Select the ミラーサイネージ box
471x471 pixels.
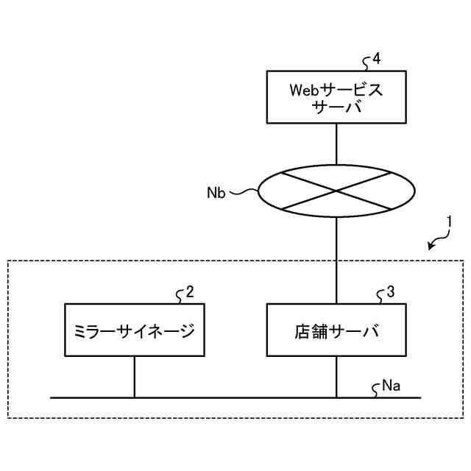click(134, 330)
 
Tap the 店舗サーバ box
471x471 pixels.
click(336, 330)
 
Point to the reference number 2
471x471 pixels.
click(190, 291)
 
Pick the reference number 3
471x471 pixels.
click(390, 291)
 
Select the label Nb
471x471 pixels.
click(216, 193)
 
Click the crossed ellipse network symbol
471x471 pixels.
click(336, 191)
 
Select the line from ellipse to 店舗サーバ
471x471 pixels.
click(336, 258)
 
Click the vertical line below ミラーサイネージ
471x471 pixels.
click(134, 377)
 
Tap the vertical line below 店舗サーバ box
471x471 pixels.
click(336, 377)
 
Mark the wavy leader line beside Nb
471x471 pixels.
click(243, 193)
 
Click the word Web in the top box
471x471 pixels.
click(304, 91)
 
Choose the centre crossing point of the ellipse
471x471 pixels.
click(336, 191)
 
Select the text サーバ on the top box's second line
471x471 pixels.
click(337, 107)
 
